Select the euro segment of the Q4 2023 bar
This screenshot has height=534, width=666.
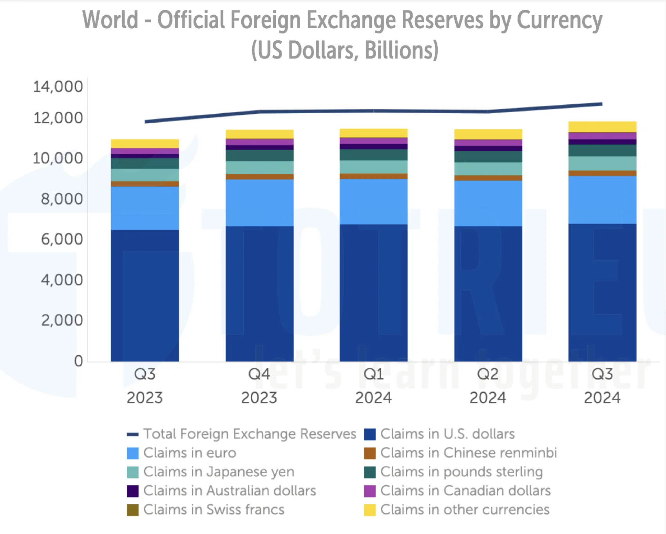tap(259, 203)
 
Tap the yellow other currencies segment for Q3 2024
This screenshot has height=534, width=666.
tap(602, 127)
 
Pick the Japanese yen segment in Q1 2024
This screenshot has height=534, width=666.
tap(373, 167)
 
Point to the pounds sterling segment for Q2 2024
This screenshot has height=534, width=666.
tap(488, 156)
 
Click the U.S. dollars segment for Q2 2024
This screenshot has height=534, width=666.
tap(488, 294)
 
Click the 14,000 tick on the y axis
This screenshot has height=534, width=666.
tap(58, 87)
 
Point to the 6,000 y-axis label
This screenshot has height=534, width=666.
tap(62, 239)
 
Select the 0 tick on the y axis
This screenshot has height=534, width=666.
tap(78, 361)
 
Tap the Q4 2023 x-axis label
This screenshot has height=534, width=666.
tap(259, 386)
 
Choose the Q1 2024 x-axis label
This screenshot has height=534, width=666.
tap(373, 386)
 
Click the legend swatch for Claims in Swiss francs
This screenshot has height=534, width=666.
tap(133, 510)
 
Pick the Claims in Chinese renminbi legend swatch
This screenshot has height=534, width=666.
tap(370, 453)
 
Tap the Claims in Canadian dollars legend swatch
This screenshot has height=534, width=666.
tap(370, 491)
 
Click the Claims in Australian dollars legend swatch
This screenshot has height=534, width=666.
tap(133, 491)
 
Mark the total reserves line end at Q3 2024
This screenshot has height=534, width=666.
tap(601, 104)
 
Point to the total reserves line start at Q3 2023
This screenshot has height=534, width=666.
tap(146, 122)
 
